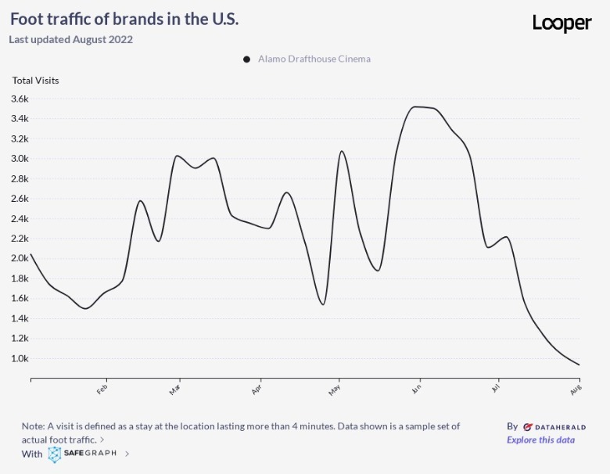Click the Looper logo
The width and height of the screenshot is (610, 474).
(x=562, y=23)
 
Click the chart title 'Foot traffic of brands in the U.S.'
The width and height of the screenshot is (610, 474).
(x=124, y=20)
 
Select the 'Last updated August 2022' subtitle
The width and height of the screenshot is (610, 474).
(x=71, y=39)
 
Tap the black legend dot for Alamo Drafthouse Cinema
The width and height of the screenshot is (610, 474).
(x=246, y=59)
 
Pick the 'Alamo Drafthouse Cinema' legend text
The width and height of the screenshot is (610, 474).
(x=314, y=59)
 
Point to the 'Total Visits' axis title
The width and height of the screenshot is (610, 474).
(x=35, y=80)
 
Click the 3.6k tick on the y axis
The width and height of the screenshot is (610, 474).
(x=20, y=99)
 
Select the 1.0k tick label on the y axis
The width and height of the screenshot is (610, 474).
(x=20, y=359)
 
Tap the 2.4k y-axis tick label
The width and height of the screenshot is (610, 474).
(x=20, y=219)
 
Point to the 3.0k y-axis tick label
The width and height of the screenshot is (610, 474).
(x=20, y=159)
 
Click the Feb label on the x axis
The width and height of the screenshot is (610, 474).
(x=102, y=389)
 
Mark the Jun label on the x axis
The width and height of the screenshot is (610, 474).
(x=418, y=389)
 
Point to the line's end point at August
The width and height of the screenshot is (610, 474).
(x=579, y=364)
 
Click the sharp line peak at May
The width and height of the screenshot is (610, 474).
(x=342, y=151)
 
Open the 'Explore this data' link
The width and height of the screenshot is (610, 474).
(x=540, y=440)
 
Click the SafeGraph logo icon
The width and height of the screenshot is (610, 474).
(x=55, y=454)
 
